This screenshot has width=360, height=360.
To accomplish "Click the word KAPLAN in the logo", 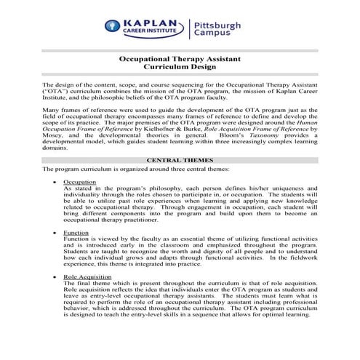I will tap(154, 23).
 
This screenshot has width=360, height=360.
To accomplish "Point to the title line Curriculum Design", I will tap(180, 73).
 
